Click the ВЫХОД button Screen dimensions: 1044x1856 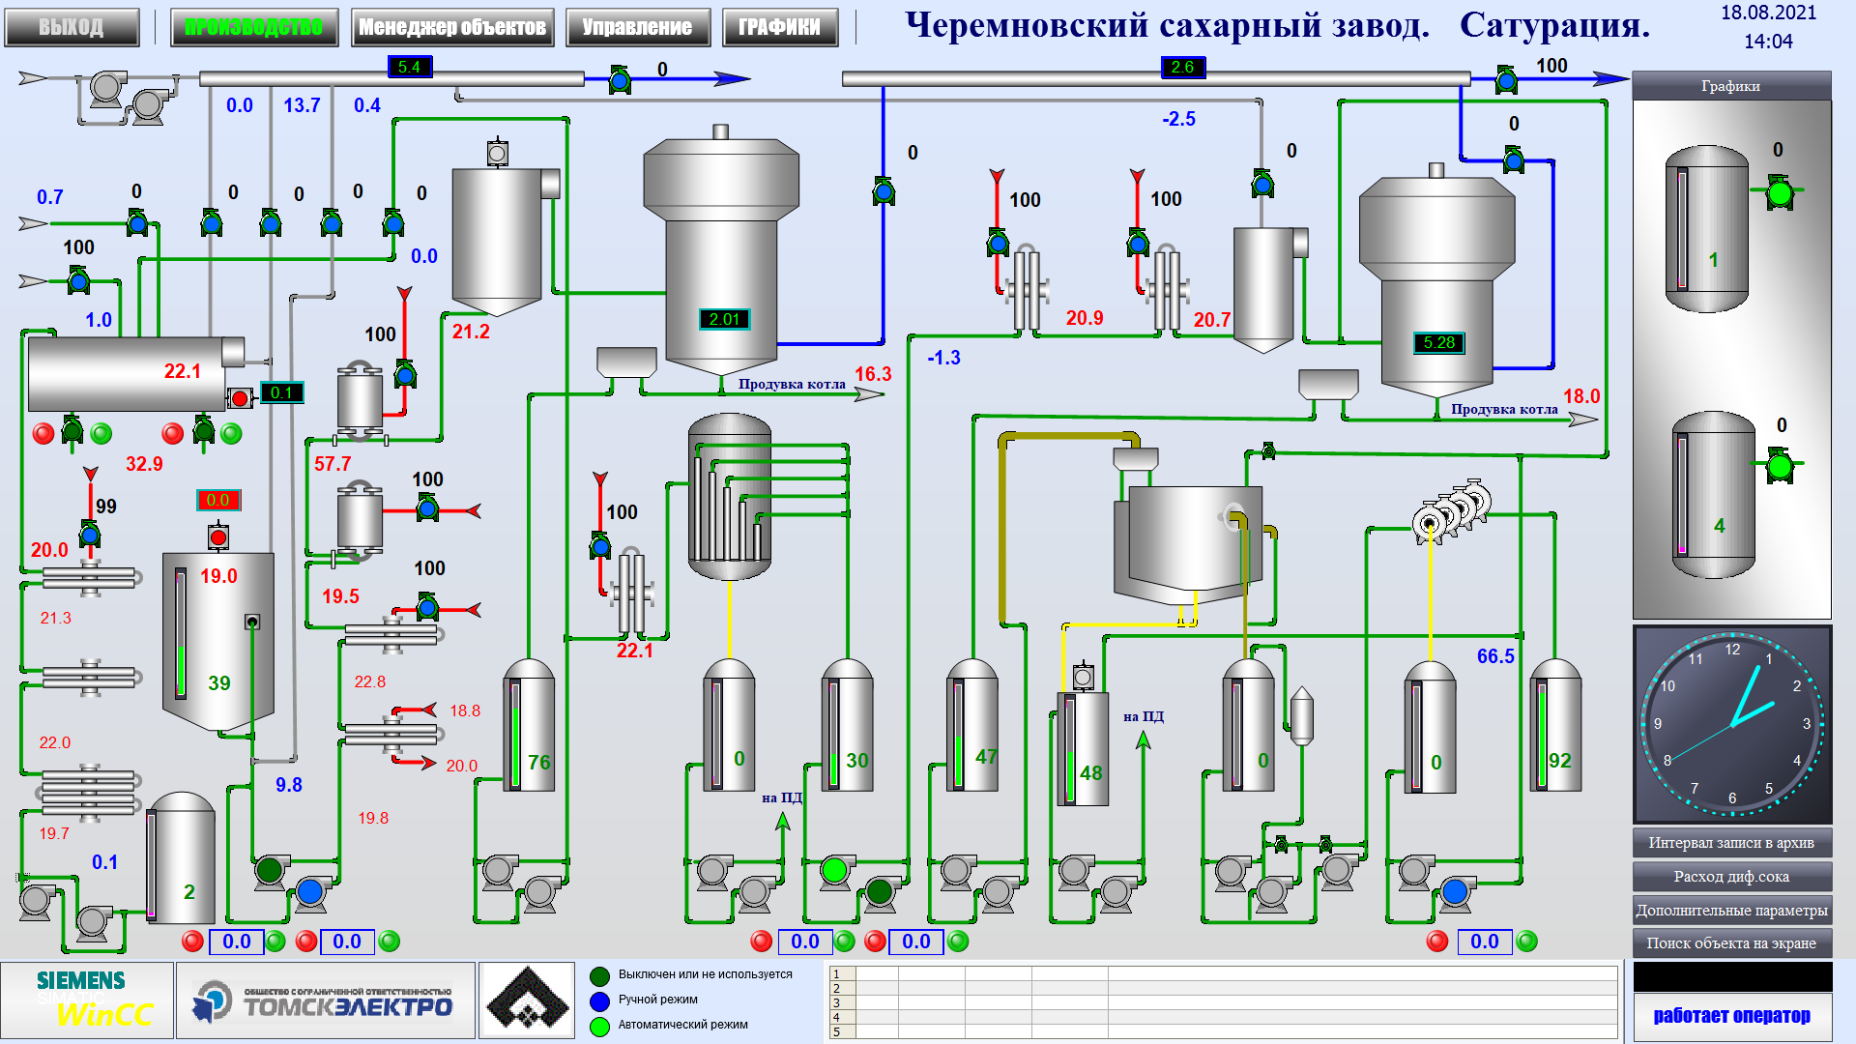(71, 27)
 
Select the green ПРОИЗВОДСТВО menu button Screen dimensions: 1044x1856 (254, 27)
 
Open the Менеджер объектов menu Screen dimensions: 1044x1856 (451, 27)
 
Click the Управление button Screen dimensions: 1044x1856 (637, 27)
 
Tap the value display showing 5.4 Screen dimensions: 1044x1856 (409, 67)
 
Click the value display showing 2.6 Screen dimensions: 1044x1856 (1182, 67)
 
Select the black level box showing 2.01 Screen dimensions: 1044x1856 (724, 319)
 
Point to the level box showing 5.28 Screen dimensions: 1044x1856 (1438, 342)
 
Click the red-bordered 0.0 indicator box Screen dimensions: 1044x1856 (217, 500)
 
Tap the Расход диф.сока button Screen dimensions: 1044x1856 (1731, 877)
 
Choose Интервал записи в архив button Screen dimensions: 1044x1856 (1731, 843)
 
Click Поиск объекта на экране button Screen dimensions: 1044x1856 (1731, 943)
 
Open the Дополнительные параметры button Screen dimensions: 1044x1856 (1731, 911)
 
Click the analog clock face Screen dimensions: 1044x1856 (1731, 724)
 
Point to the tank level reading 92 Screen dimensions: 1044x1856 (1559, 761)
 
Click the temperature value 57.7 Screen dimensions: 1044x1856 (333, 464)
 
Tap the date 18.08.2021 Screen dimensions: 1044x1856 (1768, 14)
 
